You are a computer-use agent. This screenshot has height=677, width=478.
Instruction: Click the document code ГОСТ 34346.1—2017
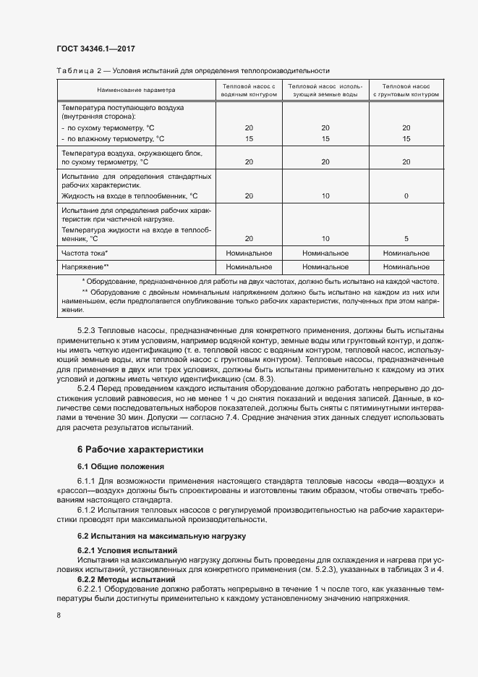coord(95,49)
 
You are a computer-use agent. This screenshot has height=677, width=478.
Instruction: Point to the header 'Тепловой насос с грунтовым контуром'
coord(406,91)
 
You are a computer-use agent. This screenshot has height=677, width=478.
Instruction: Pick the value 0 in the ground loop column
coord(406,196)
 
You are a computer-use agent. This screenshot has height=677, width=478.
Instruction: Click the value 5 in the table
coord(406,238)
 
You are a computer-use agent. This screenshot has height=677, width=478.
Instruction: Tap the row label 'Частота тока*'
coord(85,253)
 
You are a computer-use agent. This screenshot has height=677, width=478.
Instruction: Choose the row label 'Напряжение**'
coord(85,267)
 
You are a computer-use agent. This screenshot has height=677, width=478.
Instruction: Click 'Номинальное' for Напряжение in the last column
coord(406,267)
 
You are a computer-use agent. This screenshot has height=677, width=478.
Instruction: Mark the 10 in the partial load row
coord(325,238)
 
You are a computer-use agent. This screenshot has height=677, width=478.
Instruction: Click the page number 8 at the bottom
coord(59,615)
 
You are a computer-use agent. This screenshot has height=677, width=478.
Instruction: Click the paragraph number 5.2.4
coord(88,388)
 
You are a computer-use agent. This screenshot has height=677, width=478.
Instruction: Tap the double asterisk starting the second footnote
coord(85,292)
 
